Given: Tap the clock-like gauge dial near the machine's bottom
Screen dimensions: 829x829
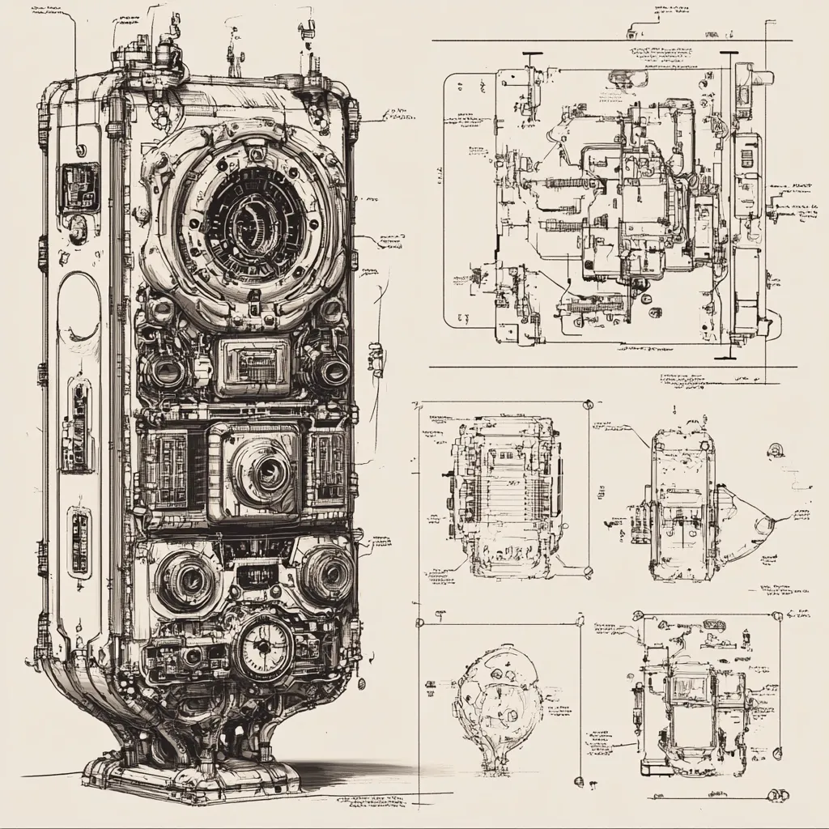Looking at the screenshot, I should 263,648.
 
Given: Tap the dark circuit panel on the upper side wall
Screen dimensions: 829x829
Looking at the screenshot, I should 80,188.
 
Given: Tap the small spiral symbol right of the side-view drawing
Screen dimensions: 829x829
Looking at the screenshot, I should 776,450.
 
